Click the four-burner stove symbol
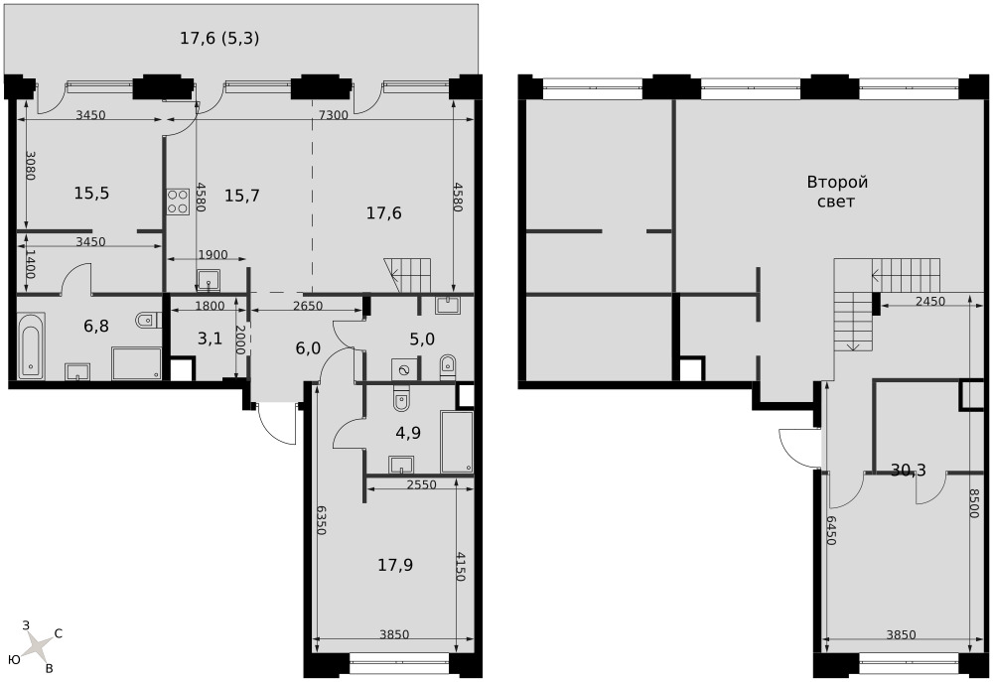(179, 202)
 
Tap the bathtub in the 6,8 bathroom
(31, 345)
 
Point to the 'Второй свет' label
(836, 192)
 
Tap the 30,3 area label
(909, 470)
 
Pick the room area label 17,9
(395, 565)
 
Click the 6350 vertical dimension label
(321, 521)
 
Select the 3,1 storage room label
(210, 339)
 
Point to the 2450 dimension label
(929, 302)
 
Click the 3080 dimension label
(30, 164)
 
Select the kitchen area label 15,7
(242, 196)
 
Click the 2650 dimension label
(307, 306)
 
